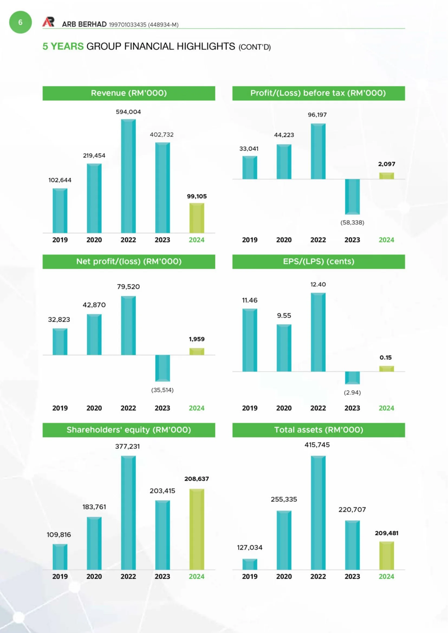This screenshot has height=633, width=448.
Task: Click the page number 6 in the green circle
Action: [20, 22]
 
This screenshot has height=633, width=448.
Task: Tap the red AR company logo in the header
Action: [48, 22]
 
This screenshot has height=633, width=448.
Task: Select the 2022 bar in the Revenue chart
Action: [128, 176]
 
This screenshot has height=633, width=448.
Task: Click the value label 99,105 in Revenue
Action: [197, 196]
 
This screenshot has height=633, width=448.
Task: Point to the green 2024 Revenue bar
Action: [197, 218]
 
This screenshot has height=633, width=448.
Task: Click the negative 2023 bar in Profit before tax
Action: [352, 197]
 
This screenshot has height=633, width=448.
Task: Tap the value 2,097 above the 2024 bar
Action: [387, 164]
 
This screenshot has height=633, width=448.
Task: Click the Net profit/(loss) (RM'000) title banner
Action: [129, 261]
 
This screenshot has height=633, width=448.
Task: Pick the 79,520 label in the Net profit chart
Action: [128, 287]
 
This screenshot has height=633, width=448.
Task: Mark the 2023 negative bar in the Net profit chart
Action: [163, 368]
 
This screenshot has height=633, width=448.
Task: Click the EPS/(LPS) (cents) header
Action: [319, 261]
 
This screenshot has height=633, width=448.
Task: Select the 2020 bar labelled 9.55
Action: [284, 348]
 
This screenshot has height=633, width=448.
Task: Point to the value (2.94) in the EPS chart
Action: [352, 392]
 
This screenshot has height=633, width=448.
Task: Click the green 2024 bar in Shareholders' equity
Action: [197, 529]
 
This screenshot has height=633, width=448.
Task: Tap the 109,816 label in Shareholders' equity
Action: [59, 535]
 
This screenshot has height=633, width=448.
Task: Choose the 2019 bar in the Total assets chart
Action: [250, 564]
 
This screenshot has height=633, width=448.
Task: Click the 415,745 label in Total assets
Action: [317, 445]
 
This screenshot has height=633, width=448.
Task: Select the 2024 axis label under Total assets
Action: [386, 576]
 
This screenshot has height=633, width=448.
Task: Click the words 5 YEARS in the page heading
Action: [63, 46]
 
